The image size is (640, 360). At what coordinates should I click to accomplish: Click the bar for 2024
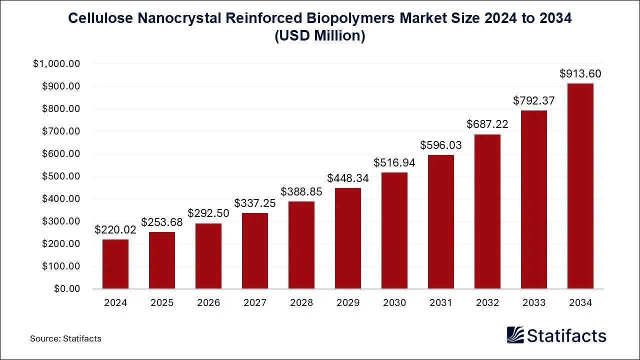(x=115, y=264)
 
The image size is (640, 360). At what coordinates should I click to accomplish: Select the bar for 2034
(x=580, y=186)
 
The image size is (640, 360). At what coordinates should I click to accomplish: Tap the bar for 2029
(x=348, y=238)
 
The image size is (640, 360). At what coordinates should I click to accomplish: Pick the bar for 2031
(x=441, y=222)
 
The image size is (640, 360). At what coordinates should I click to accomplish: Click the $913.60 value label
(x=580, y=74)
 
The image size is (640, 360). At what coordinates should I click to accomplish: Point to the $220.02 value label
(x=115, y=230)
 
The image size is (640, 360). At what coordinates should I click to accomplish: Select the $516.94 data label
(x=394, y=162)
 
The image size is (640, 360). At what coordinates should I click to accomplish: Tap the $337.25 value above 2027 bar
(x=255, y=203)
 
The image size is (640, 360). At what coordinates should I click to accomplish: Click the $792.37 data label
(x=534, y=101)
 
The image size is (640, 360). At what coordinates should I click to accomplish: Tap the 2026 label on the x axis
(x=208, y=303)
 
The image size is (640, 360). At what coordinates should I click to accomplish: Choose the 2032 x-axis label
(x=487, y=303)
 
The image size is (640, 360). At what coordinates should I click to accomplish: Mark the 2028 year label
(x=301, y=303)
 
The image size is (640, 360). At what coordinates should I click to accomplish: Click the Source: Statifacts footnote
(x=65, y=338)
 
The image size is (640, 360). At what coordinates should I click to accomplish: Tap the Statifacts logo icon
(x=515, y=335)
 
